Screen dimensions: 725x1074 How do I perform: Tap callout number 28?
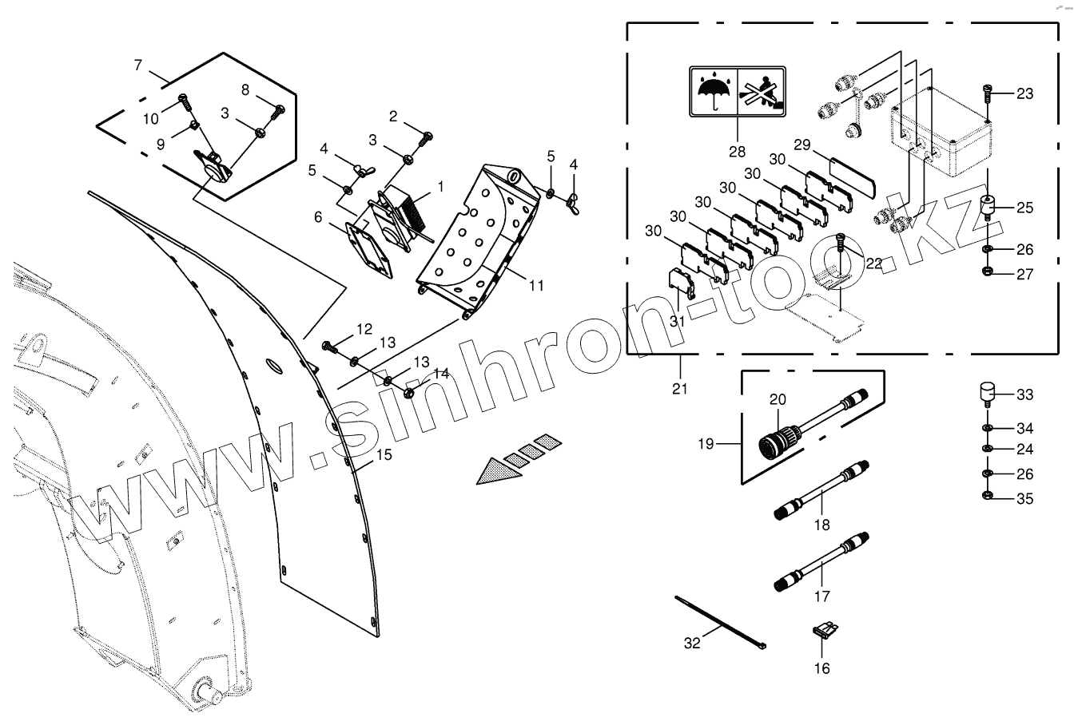click(737, 152)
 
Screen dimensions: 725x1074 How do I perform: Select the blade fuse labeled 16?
click(821, 632)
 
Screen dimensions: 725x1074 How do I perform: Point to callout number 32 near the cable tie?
click(692, 643)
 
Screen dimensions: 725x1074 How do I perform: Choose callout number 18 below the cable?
click(821, 525)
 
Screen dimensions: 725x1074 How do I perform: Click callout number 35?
click(1024, 499)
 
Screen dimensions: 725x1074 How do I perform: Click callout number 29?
click(802, 145)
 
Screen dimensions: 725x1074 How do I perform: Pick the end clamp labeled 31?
click(679, 283)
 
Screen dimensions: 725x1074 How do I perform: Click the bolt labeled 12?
click(329, 346)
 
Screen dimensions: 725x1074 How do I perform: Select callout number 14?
click(442, 373)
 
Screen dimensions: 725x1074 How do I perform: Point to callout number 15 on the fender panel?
click(384, 455)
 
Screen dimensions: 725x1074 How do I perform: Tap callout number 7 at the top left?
click(138, 63)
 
